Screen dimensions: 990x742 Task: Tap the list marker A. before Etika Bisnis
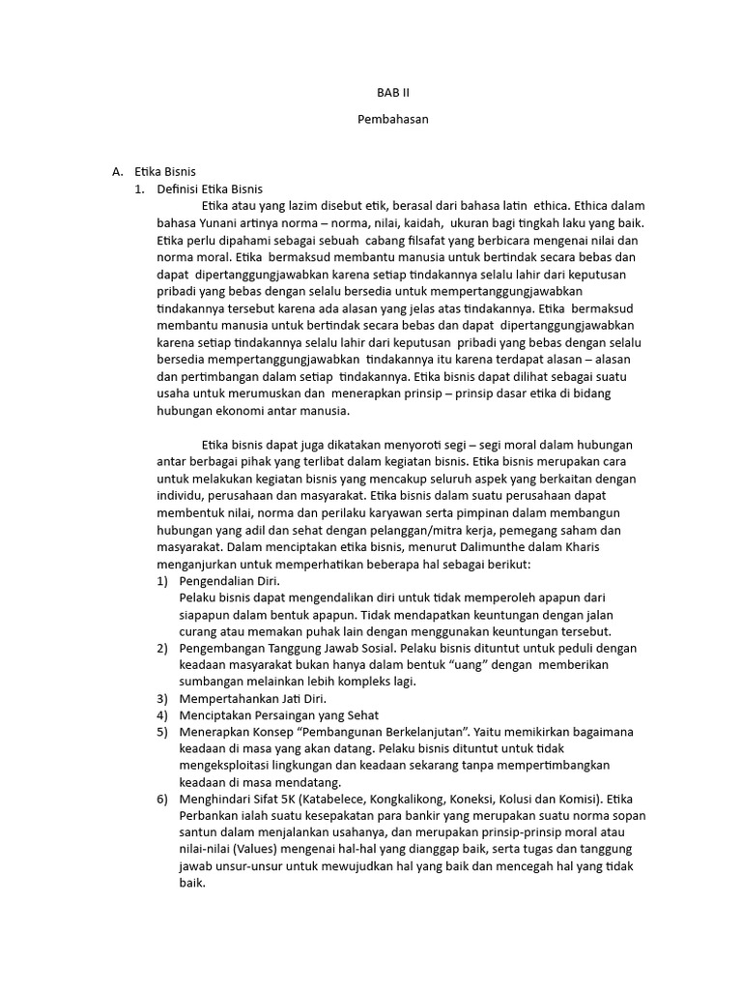(x=119, y=172)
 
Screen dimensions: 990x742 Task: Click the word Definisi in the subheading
(x=180, y=189)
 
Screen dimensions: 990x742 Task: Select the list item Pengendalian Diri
(x=230, y=581)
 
